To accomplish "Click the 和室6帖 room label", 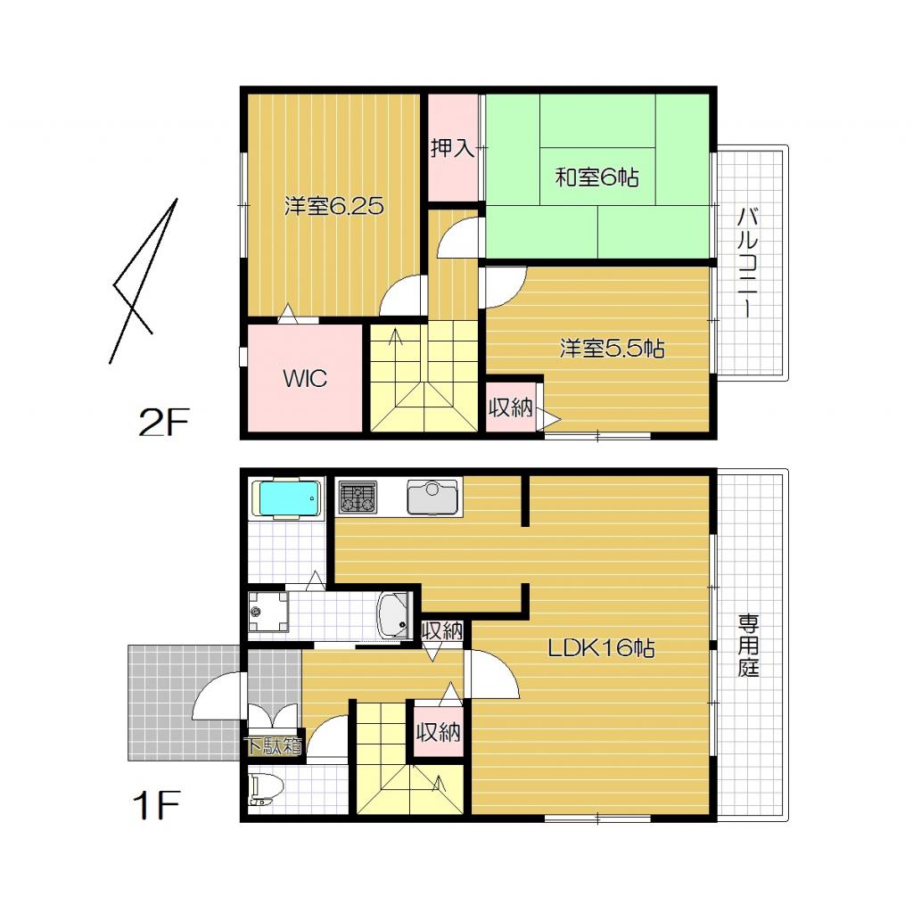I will tap(596, 177).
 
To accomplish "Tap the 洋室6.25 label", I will tap(333, 207).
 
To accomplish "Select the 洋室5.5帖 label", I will tap(612, 348).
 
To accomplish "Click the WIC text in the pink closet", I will tap(305, 378).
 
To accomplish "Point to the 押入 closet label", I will tap(453, 148).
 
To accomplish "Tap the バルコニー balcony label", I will tap(748, 262).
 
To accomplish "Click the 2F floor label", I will tap(164, 423).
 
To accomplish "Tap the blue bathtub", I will tap(286, 499).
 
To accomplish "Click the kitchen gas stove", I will tap(358, 498).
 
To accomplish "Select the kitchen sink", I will tap(433, 498).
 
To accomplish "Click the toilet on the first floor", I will tap(266, 790).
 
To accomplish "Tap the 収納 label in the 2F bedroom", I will tap(511, 408).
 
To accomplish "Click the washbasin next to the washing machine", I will tap(393, 615).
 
